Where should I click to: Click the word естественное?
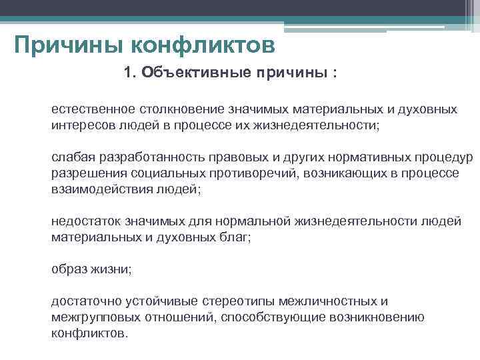[93, 109]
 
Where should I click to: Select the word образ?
[69, 269]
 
